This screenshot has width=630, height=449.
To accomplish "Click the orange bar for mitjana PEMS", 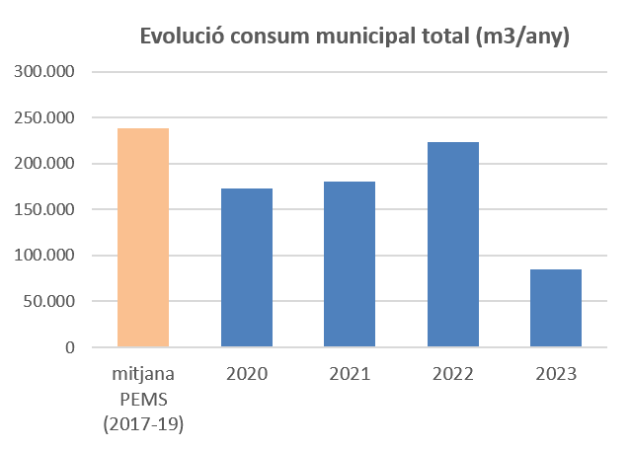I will (143, 238).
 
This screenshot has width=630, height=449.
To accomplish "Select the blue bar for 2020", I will (246, 268).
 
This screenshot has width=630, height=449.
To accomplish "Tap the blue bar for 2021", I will (350, 264).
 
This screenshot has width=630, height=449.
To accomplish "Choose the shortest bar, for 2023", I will (555, 308).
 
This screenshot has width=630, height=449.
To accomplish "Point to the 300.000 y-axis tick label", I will (44, 72).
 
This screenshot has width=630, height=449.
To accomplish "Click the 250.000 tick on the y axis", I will (44, 118).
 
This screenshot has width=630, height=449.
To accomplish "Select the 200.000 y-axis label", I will (44, 164).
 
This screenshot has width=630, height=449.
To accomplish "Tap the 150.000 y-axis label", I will (44, 210).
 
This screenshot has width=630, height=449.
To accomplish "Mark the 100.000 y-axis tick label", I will (44, 256).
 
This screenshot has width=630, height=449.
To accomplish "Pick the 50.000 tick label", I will (48, 302).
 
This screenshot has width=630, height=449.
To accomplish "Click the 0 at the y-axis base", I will (70, 347).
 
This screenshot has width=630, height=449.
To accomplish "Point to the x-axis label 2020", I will (246, 375).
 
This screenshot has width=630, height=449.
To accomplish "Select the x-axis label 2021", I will (350, 375).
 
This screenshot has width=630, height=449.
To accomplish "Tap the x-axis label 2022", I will (452, 375).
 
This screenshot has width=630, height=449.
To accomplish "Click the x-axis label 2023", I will (555, 375).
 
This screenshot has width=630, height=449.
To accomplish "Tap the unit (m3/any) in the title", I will (521, 37).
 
